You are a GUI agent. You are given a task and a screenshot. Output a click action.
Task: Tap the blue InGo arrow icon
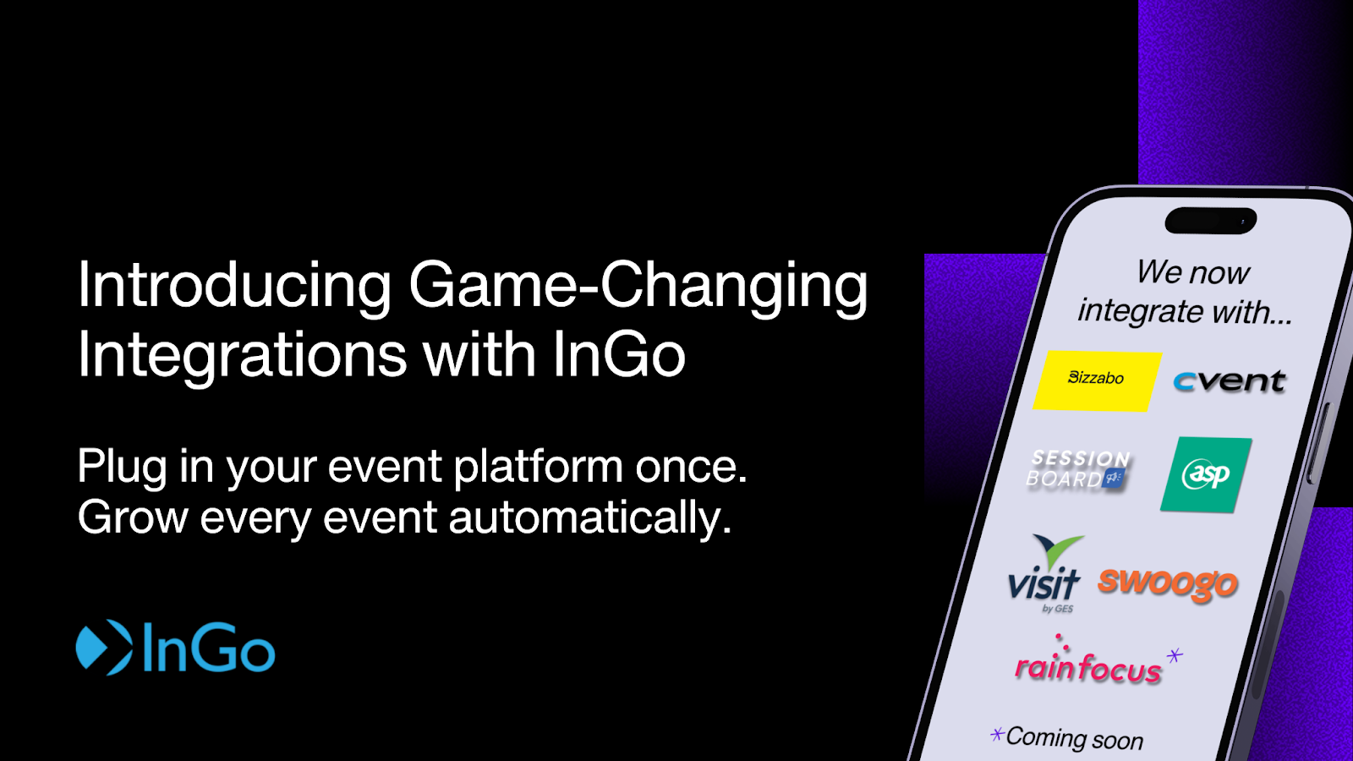point(104,647)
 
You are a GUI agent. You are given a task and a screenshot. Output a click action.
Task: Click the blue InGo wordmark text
point(209,647)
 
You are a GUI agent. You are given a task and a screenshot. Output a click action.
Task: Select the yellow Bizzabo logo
point(1098,381)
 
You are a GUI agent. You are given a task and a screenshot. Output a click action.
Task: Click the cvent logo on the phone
point(1229,381)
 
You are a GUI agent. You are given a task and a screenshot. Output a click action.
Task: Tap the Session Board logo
point(1078,469)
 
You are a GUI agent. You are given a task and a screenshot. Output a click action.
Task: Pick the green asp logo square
point(1206,474)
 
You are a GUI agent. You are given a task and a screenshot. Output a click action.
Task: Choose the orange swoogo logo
point(1168,584)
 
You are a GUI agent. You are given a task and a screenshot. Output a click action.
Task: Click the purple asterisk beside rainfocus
point(1175,655)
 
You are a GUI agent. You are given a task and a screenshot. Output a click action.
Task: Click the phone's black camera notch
point(1210,221)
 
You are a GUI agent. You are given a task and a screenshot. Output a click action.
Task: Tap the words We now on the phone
point(1193,272)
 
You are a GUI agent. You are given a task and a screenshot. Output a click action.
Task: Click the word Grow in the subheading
point(133,517)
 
